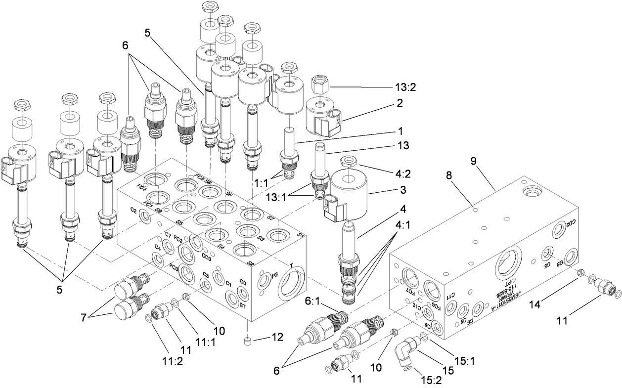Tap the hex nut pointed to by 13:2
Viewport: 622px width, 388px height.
[317, 87]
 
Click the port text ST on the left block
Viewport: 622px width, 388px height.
[243, 305]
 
